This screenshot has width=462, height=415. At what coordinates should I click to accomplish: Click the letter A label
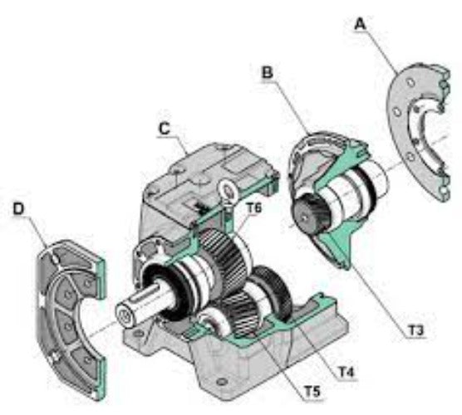360,25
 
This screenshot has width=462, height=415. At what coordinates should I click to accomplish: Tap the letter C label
165,129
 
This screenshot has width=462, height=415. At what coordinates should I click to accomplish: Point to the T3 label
415,330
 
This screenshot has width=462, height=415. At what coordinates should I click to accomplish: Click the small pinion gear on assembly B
313,215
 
